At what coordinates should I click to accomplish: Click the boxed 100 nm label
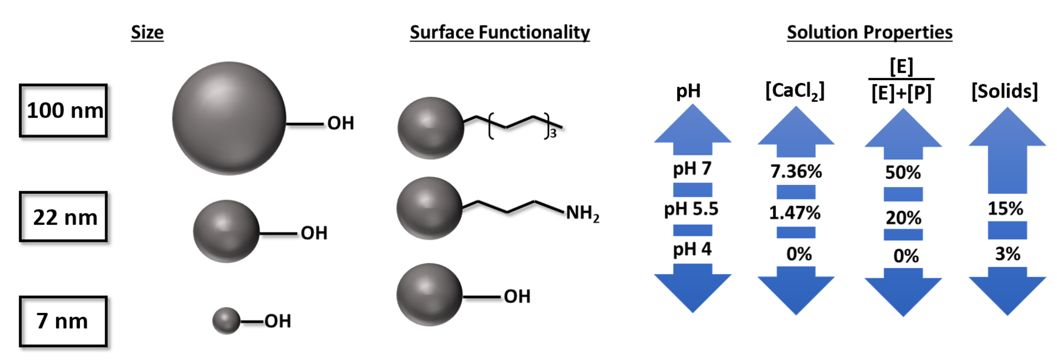tap(64, 110)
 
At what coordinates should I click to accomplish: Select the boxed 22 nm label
tap(64, 217)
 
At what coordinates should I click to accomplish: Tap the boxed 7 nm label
tap(64, 321)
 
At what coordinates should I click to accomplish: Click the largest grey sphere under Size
tap(229, 119)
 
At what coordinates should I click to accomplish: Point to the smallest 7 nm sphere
tap(226, 321)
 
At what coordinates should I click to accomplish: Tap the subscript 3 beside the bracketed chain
tap(553, 134)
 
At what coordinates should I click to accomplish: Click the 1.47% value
tap(795, 213)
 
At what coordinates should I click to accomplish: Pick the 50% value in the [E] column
tap(903, 172)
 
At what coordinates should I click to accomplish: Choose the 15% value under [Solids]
tap(1005, 208)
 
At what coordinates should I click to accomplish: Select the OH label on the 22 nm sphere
tap(314, 233)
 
